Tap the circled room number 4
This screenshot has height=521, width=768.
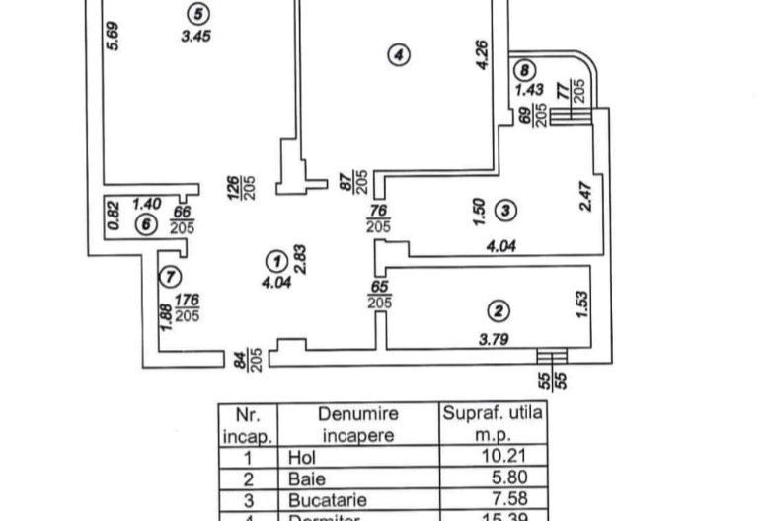pos(397,56)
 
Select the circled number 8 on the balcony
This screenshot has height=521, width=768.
pos(524,69)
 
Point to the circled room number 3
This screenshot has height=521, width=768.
pos(505,210)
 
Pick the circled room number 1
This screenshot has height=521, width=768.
pos(277,260)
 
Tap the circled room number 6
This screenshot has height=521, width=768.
pos(147,224)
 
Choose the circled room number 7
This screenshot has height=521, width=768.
pos(170,276)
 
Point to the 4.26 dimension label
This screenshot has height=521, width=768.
pos(482,53)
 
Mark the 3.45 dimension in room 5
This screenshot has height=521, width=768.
pos(196,37)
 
